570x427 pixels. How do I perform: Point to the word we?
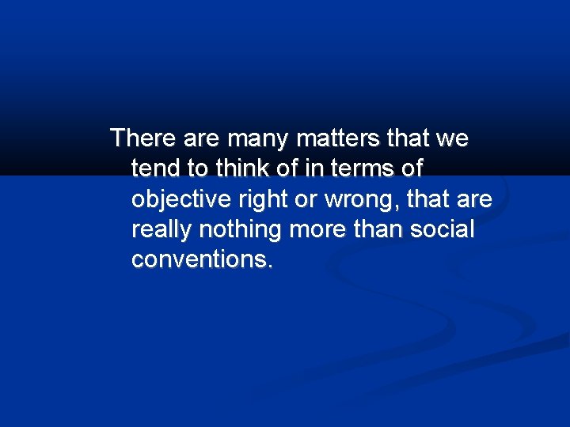coord(451,138)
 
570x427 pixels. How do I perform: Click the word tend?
coord(155,168)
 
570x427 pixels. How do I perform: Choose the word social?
coord(446,230)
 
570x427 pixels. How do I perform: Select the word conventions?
coord(203,260)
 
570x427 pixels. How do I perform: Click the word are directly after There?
coord(201,140)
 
